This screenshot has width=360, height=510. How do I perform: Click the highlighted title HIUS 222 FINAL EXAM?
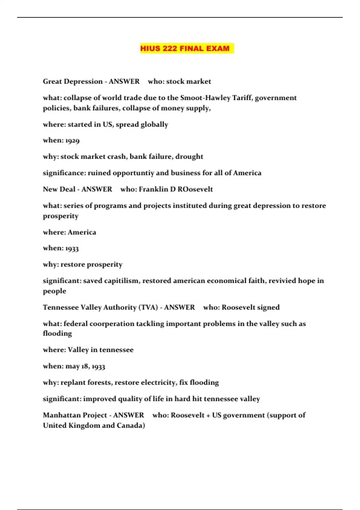coord(185,48)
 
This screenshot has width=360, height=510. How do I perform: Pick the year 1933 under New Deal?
coord(72,248)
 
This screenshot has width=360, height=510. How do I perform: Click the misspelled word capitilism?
coord(121,281)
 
